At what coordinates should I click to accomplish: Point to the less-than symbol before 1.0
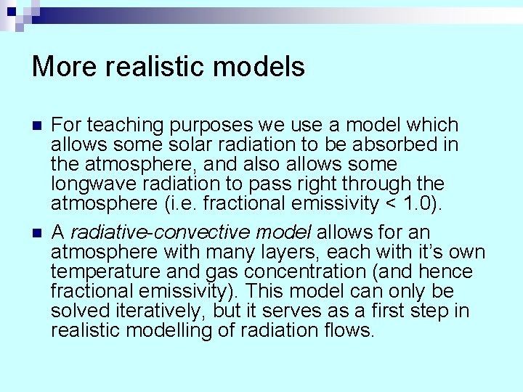(x=386, y=204)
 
